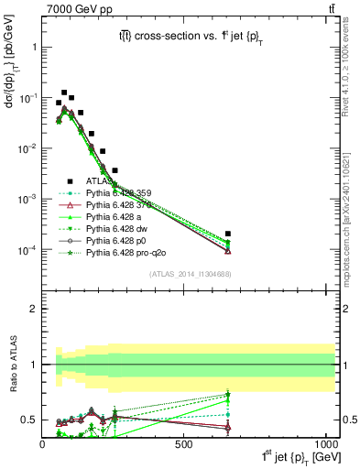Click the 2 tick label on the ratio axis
pyautogui.click(x=33, y=309)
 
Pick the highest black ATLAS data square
pyautogui.click(x=64, y=93)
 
